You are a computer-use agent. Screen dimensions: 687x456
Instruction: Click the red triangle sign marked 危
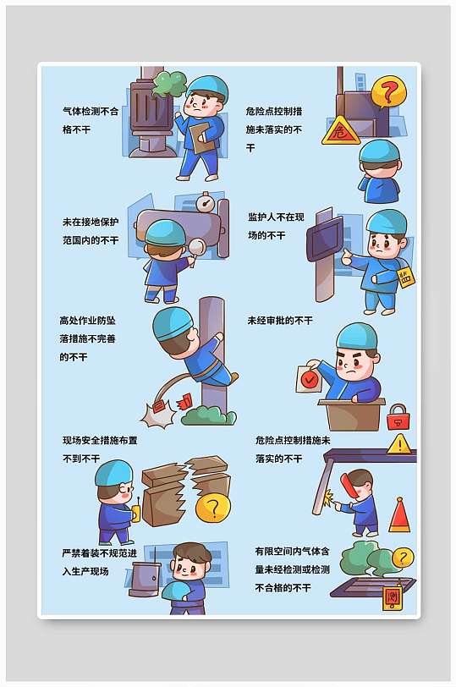pos(340,131)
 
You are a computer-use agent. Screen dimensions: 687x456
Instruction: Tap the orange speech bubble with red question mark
pos(388,91)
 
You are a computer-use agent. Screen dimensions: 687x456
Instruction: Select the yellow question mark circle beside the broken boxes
pos(212,508)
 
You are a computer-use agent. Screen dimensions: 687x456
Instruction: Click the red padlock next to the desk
pos(397,416)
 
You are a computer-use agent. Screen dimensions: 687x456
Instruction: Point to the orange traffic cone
pos(400,516)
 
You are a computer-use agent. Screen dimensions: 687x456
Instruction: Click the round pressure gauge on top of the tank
pos(203,203)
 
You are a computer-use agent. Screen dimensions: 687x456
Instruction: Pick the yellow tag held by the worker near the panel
pos(406,277)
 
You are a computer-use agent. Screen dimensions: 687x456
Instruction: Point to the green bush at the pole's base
pos(208,415)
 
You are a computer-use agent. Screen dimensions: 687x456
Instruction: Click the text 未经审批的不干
pos(279,321)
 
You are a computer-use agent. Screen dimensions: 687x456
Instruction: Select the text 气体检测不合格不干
pos(91,120)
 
